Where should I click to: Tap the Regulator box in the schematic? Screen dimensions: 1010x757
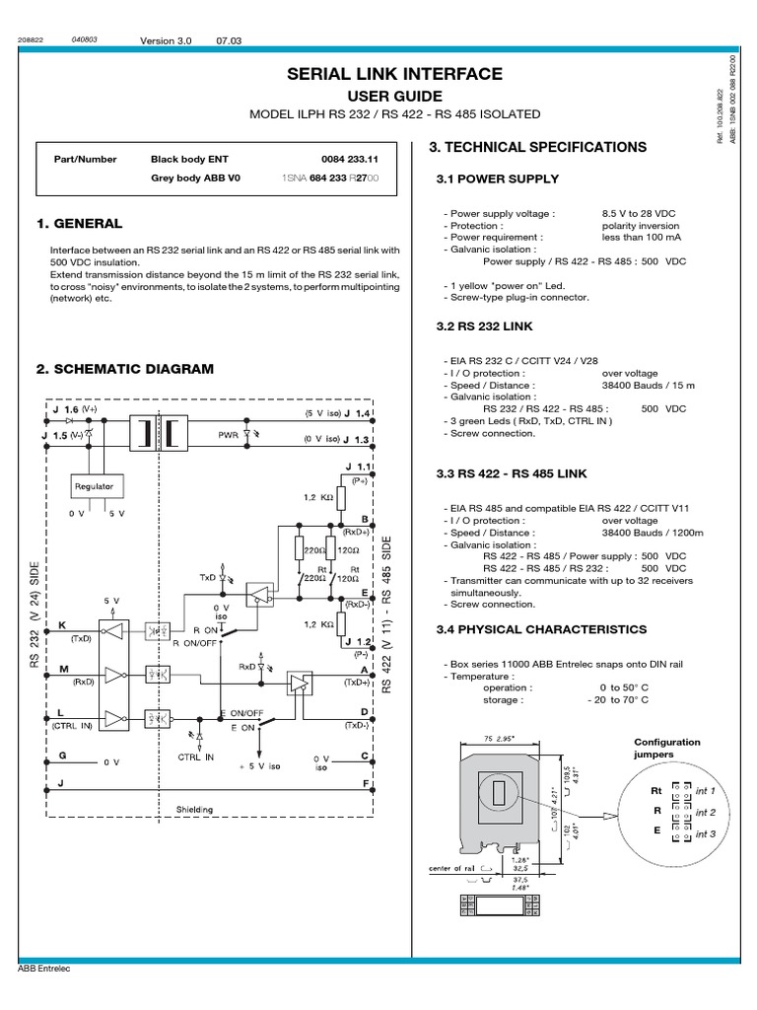click(x=94, y=486)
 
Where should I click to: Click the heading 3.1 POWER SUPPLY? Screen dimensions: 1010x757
click(x=497, y=179)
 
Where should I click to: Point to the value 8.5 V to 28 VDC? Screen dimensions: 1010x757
click(x=640, y=213)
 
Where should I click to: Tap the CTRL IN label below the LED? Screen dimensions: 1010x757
click(x=195, y=757)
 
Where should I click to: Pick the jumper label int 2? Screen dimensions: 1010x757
click(x=705, y=813)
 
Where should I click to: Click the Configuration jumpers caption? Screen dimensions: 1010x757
click(x=666, y=748)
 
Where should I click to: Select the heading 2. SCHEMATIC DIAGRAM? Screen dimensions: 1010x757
click(x=124, y=369)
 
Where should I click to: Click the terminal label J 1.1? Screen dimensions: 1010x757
click(x=356, y=466)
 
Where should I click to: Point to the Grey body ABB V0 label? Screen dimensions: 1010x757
click(x=195, y=179)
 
